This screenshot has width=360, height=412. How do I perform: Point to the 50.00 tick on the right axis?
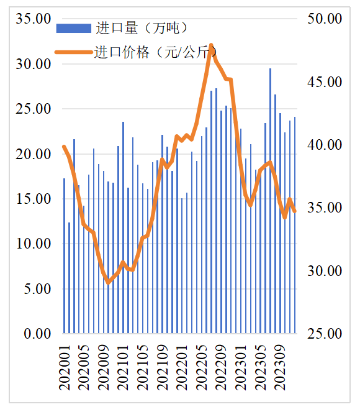[x=325, y=19]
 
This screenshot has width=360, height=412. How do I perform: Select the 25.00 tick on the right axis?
[x=325, y=334]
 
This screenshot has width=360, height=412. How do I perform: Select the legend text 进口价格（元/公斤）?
[x=156, y=52]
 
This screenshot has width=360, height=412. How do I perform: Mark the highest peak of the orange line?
[x=212, y=45]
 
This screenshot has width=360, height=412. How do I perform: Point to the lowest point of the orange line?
[x=109, y=283]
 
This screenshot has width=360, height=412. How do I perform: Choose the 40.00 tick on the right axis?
[x=325, y=145]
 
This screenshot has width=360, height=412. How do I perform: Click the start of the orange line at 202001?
[x=64, y=147]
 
